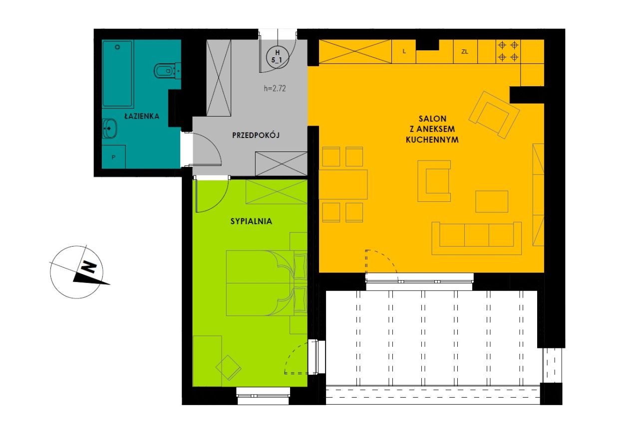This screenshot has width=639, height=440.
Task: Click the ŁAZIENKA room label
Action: point(142,116)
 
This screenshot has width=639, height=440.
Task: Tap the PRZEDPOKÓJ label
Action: point(256,135)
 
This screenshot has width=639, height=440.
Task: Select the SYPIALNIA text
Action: point(251,221)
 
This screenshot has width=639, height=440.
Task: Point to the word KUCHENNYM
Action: point(432,140)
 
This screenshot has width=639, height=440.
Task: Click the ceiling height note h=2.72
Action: point(275,88)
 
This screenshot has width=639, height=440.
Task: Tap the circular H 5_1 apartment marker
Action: point(277,56)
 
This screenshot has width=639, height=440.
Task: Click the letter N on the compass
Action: point(88,267)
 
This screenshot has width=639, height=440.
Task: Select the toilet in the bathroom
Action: point(167,70)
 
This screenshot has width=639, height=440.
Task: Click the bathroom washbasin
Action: point(110,129)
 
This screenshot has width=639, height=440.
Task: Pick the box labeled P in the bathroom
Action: point(113,157)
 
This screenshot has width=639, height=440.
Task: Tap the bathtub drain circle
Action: point(117,47)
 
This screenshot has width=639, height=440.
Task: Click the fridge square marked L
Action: point(404,51)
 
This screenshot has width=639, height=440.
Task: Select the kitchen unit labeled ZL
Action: point(465,51)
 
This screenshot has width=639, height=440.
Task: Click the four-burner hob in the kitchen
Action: point(508,51)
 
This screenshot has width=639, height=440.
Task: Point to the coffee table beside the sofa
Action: point(492,201)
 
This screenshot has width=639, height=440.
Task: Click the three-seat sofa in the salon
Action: point(476,238)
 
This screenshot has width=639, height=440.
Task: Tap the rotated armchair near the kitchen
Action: point(494,115)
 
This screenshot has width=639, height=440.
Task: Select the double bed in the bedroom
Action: point(267,283)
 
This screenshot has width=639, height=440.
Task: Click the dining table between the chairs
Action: point(343,184)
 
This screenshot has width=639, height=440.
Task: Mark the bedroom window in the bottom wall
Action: point(263,396)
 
